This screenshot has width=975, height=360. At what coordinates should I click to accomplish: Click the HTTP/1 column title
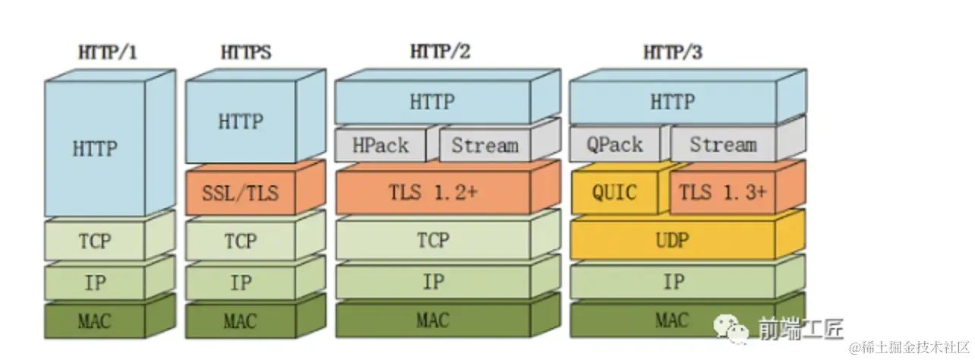pos(108,53)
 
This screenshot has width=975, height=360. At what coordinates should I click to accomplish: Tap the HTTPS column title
pos(246,53)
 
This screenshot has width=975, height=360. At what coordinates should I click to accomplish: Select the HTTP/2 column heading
pos(440,52)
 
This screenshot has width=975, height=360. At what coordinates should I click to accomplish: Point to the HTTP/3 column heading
pos(674,52)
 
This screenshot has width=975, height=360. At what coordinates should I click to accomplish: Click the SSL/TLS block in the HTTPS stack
pos(241,193)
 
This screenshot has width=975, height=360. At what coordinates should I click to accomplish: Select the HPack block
pos(380,145)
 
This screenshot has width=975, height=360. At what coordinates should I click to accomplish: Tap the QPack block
pos(614,145)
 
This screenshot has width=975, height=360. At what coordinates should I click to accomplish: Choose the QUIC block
pos(615,191)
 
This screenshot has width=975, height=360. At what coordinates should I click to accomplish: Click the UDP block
pos(674,241)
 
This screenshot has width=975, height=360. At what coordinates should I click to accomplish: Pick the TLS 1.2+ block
pos(433,193)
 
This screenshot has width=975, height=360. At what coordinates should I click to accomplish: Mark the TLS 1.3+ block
pos(722,192)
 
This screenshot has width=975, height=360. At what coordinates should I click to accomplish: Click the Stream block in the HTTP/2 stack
pos(485,145)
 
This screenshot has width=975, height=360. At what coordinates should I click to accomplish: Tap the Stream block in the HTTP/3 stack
pos(723,145)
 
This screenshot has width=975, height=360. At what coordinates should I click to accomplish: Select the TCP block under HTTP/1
pos(95,241)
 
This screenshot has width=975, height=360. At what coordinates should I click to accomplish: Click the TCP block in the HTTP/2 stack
pos(433,241)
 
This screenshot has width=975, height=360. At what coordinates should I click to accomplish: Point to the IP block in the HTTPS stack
pos(241,283)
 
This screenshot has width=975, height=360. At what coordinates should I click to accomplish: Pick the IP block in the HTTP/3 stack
pos(674,283)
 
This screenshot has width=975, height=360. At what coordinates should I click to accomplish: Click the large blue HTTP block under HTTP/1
pos(95,148)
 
